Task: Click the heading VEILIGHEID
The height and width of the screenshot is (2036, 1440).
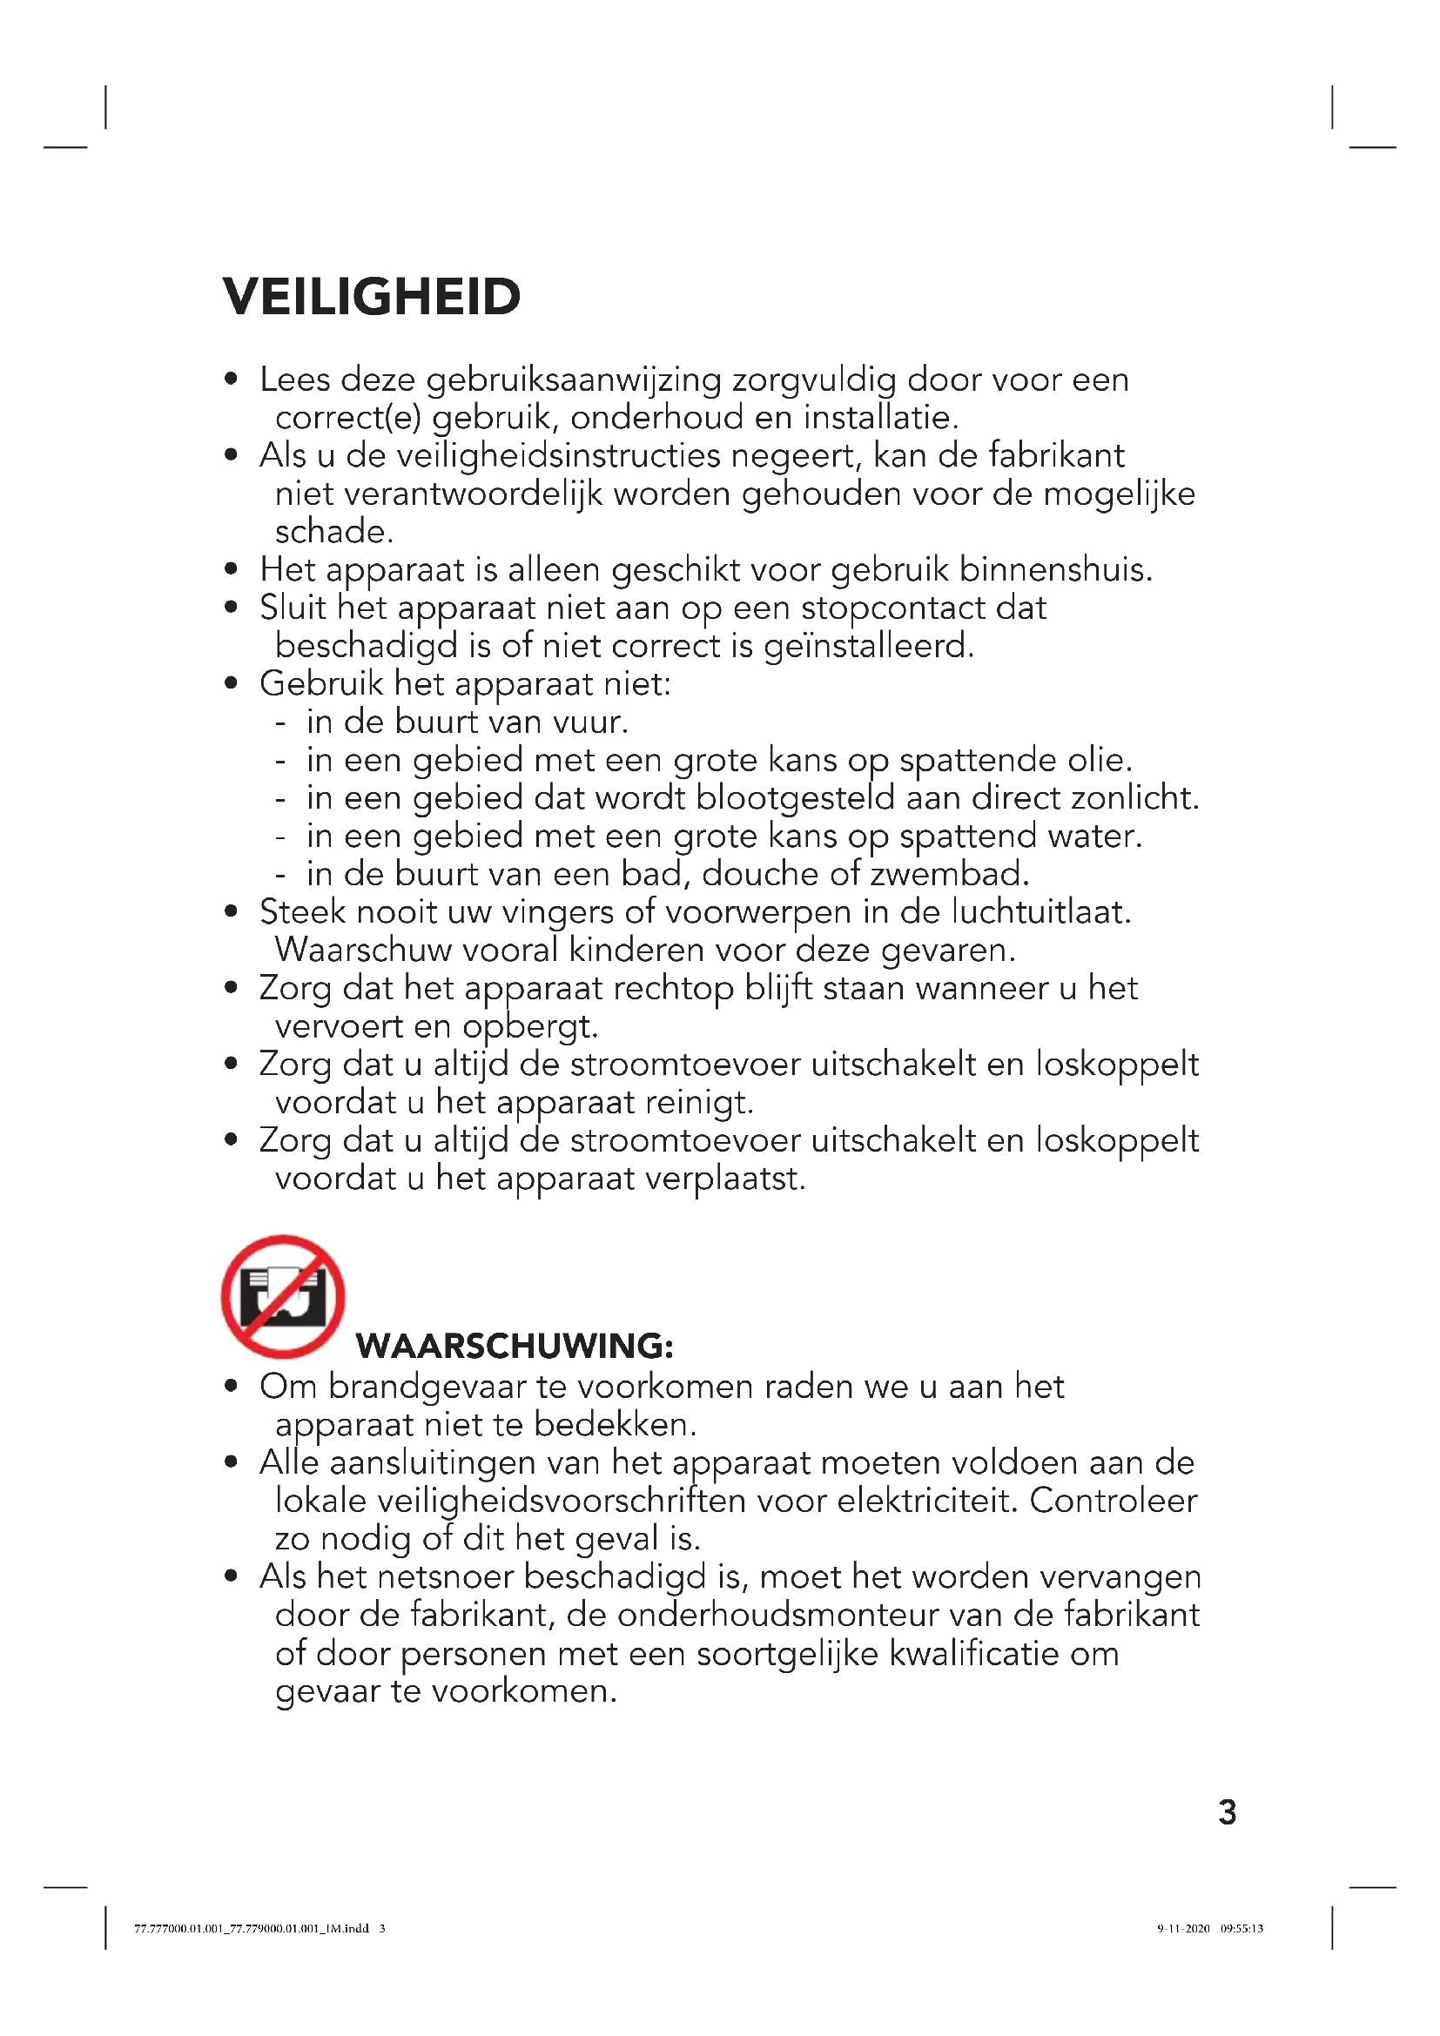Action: tap(372, 297)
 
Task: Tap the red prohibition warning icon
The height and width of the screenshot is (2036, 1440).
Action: tap(283, 1296)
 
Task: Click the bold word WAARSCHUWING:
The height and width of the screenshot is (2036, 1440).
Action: tap(515, 1346)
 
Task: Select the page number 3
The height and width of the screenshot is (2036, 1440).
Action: tap(1228, 1812)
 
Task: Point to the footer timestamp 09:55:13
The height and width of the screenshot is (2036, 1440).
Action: tap(1241, 1928)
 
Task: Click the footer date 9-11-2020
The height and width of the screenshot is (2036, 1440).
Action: tap(1183, 1928)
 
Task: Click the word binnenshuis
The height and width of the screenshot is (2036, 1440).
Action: tap(1055, 569)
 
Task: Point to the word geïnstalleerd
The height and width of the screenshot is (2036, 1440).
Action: tap(868, 646)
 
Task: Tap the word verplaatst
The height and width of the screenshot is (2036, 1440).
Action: tap(725, 1179)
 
